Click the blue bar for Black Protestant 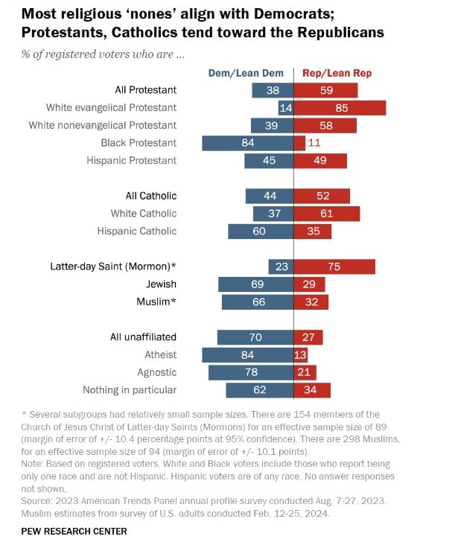click(x=247, y=143)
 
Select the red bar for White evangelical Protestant click(x=340, y=108)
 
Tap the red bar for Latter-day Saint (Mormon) click(x=335, y=267)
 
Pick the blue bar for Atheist click(x=247, y=354)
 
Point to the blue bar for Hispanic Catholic click(x=261, y=232)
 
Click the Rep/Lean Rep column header click(x=337, y=73)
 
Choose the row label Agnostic click(x=157, y=372)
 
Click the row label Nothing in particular click(x=130, y=390)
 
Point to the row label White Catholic click(x=144, y=214)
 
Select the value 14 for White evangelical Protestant click(x=284, y=108)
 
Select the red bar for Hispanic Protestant click(x=321, y=161)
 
